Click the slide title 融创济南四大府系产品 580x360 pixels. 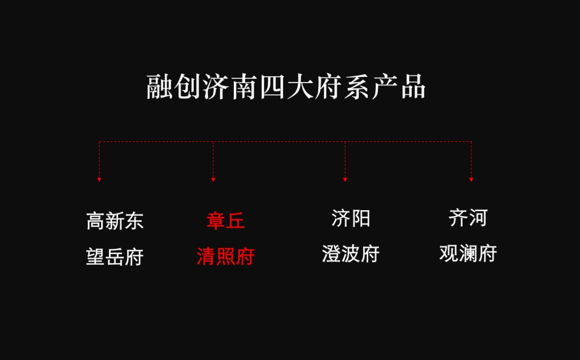pyautogui.click(x=286, y=87)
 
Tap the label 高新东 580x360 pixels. pyautogui.click(x=115, y=221)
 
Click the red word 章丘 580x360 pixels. pyautogui.click(x=226, y=221)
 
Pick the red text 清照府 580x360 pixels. pyautogui.click(x=226, y=257)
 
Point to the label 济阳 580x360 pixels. pyautogui.click(x=351, y=218)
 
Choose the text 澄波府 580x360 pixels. pyautogui.click(x=351, y=254)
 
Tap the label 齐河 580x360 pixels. pyautogui.click(x=468, y=218)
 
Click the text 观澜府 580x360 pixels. pyautogui.click(x=468, y=254)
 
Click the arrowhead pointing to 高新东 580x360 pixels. pyautogui.click(x=99, y=180)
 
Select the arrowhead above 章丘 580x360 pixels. pyautogui.click(x=213, y=180)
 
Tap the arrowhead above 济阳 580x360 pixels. pyautogui.click(x=345, y=180)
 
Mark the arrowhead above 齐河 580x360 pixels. pyautogui.click(x=471, y=180)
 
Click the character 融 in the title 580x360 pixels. pyautogui.click(x=160, y=87)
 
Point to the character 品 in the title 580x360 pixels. pyautogui.click(x=413, y=87)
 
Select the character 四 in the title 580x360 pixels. pyautogui.click(x=272, y=87)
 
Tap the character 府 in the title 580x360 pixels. pyautogui.click(x=328, y=87)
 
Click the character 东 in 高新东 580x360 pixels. pyautogui.click(x=134, y=221)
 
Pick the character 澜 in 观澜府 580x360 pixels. pyautogui.click(x=468, y=254)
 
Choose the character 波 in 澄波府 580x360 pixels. pyautogui.click(x=351, y=254)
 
